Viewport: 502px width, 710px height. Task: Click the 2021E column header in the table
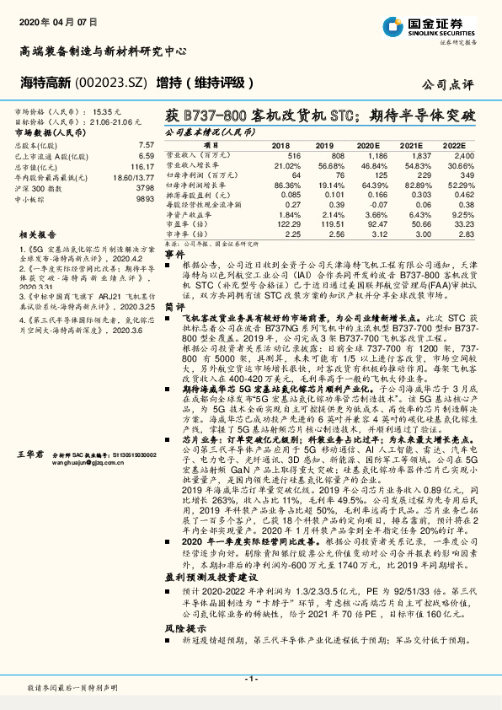click(x=410, y=145)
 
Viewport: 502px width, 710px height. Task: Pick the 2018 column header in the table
click(x=280, y=145)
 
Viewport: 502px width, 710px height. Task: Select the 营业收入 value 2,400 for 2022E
click(x=452, y=157)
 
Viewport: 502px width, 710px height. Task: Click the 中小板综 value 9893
click(x=145, y=199)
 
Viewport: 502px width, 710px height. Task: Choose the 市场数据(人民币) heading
click(x=51, y=132)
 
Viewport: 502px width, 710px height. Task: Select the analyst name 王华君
click(x=29, y=454)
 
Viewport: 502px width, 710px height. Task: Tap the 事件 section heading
click(x=174, y=253)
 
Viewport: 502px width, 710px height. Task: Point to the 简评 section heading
click(x=174, y=309)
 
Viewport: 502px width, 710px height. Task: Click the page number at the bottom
click(x=251, y=678)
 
